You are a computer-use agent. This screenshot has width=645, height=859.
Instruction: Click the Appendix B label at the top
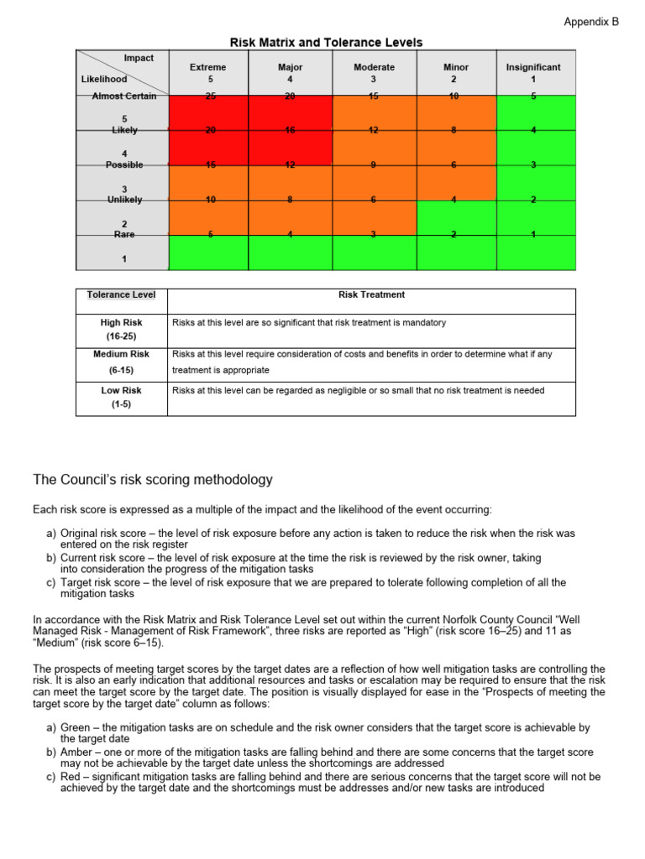click(x=590, y=22)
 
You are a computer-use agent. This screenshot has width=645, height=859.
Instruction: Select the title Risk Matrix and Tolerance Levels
click(x=326, y=42)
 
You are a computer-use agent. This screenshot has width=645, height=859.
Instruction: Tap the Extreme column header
click(x=207, y=67)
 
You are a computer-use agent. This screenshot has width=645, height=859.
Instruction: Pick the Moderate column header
click(x=374, y=67)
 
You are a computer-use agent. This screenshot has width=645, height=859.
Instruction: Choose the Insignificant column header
click(x=533, y=67)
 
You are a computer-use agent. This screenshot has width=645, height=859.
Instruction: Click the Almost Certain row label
click(x=124, y=96)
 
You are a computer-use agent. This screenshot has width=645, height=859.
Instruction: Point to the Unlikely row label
click(x=124, y=200)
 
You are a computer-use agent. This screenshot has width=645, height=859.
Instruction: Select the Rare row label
click(x=124, y=235)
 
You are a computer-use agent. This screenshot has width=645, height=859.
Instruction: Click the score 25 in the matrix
click(x=209, y=96)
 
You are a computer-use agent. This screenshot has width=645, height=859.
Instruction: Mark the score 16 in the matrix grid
click(x=290, y=131)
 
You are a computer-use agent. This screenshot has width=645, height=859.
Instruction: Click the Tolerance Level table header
click(x=121, y=294)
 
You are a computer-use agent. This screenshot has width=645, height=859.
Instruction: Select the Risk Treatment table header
click(x=371, y=294)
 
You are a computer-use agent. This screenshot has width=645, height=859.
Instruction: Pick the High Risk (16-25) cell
click(x=121, y=329)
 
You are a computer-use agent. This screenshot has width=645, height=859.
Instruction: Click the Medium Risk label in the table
click(x=121, y=354)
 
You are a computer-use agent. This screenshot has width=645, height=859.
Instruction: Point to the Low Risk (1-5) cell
click(x=121, y=397)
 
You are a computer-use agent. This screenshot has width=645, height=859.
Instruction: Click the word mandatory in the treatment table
click(x=425, y=322)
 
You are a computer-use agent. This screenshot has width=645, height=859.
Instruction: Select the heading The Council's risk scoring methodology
click(x=153, y=480)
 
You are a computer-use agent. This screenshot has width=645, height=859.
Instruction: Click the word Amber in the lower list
click(x=65, y=752)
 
